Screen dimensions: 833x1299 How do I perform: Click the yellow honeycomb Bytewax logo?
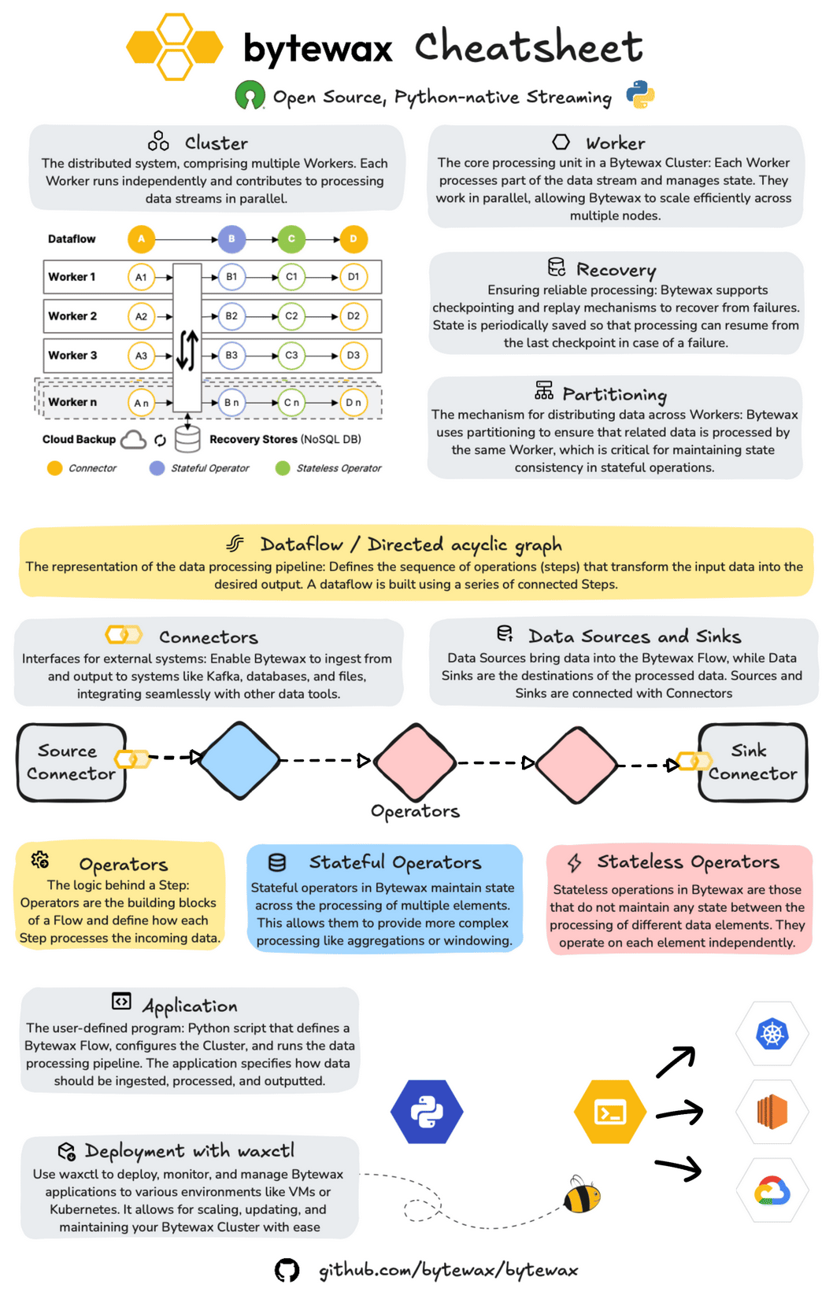pos(175,47)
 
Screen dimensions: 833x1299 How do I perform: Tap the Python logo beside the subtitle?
pos(640,94)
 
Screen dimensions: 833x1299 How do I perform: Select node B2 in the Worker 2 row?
pos(231,316)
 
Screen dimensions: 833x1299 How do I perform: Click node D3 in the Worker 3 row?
pos(354,356)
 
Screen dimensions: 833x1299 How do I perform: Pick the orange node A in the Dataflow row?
pos(142,238)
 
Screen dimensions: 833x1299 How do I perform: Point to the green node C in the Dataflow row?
pos(291,238)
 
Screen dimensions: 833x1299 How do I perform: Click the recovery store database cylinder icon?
pos(187,439)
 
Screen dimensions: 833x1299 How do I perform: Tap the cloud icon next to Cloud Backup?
pos(134,439)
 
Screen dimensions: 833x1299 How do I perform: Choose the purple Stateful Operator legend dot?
pos(157,468)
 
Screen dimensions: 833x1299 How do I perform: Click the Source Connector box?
pos(72,762)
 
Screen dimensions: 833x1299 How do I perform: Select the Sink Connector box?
pos(753,762)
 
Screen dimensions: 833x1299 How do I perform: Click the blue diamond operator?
pos(239,760)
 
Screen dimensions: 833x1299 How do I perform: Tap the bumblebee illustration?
pos(582,1194)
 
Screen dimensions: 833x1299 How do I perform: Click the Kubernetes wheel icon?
pos(772,1034)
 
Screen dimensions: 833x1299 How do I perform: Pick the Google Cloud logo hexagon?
pos(772,1190)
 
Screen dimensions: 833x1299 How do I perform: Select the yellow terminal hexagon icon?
pos(610,1112)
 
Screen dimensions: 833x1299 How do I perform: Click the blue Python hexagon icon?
pos(427,1112)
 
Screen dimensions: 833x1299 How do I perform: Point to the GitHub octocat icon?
pos(287,1270)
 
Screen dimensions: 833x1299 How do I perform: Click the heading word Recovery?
pos(616,270)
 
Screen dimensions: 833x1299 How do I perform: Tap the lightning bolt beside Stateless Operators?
pos(575,863)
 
